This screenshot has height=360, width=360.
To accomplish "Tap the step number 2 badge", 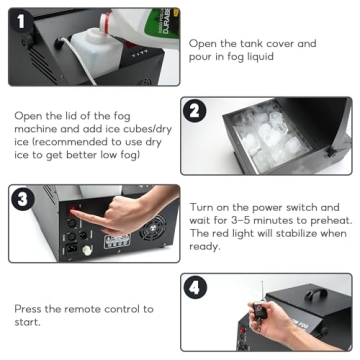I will click(x=197, y=112).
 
